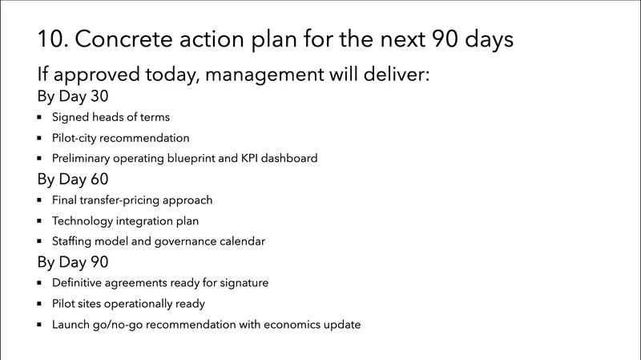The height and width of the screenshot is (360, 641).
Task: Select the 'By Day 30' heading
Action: click(73, 97)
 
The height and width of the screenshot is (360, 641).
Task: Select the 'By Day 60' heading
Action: click(73, 179)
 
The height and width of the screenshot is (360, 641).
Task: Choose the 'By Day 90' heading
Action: click(73, 262)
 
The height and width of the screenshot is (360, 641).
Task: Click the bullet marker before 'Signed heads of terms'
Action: click(39, 117)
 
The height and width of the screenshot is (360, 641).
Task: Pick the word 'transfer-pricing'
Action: click(123, 200)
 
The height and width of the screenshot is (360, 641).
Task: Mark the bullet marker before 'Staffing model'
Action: click(39, 241)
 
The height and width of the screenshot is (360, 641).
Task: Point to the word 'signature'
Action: click(242, 283)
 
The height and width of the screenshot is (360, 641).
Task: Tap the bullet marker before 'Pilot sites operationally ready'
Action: click(39, 304)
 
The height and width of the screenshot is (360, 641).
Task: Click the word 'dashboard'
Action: click(291, 158)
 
